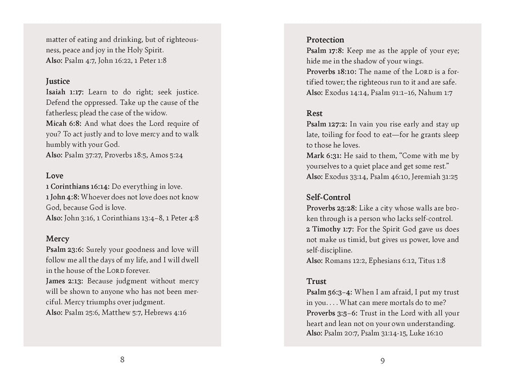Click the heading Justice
tap(58, 81)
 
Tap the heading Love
tap(55, 176)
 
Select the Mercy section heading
tap(58, 238)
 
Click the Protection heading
tap(325, 40)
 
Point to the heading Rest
tap(314, 113)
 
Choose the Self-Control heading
tap(328, 197)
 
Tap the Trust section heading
tap(316, 281)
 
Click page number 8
tap(122, 359)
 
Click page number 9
tap(383, 360)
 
